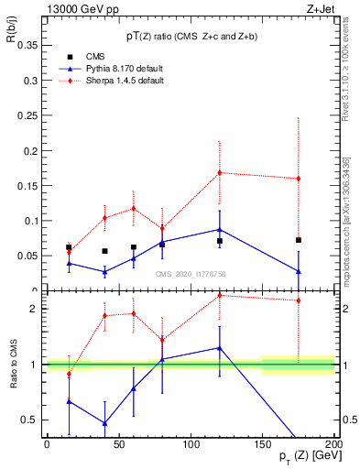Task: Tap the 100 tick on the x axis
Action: [x=191, y=444]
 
